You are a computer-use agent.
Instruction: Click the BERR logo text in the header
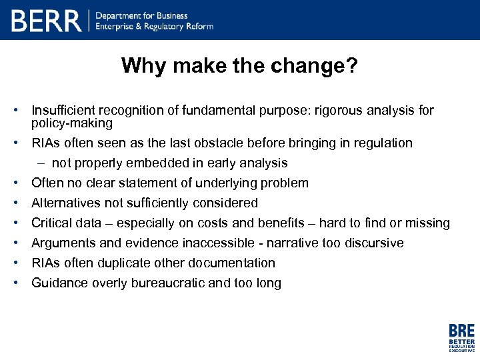coord(47,21)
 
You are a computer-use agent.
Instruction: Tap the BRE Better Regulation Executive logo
coord(461,337)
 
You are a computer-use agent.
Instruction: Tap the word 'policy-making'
coord(72,123)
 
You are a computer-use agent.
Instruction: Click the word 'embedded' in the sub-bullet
coord(161,163)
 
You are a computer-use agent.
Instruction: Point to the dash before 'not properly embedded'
coord(41,163)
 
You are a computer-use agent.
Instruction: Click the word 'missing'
coord(427,223)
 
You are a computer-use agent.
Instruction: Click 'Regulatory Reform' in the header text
coord(179,27)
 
